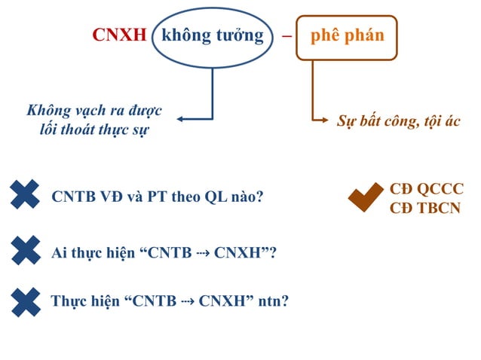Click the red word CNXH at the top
[118, 35]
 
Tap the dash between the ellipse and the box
[285, 36]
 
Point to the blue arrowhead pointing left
[182, 118]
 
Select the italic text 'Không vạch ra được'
[94, 111]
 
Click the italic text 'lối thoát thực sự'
[94, 130]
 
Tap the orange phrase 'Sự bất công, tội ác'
[397, 121]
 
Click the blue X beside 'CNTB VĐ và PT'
[26, 194]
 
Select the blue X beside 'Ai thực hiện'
[26, 250]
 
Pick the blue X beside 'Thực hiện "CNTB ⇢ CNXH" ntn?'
[26, 302]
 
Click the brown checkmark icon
[366, 197]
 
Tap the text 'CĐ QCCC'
[426, 189]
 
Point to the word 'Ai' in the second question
[60, 253]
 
